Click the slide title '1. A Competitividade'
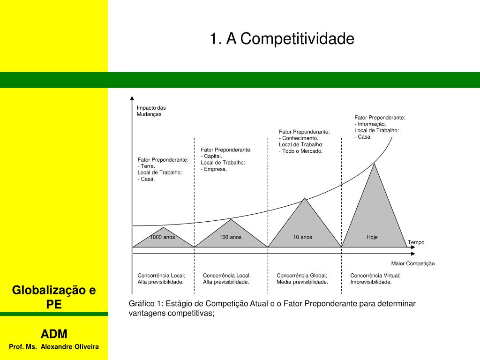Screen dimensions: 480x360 coord(282,39)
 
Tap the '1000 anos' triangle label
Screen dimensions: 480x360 coord(162,237)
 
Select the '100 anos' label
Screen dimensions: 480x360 coord(230,237)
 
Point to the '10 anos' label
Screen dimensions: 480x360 coord(302,237)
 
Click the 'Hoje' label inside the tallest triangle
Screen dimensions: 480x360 coord(372,237)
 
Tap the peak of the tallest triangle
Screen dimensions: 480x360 coord(374,163)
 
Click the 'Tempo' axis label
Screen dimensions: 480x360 coord(416,242)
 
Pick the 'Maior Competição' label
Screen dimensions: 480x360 coord(413,263)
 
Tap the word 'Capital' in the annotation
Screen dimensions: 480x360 coord(210,156)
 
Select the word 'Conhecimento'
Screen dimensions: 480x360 coord(300,138)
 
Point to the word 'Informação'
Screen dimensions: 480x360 coord(371,124)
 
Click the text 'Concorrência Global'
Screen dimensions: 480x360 coord(301,276)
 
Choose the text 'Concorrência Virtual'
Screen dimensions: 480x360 coord(375,276)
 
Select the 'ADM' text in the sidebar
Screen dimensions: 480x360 coord(54,334)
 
